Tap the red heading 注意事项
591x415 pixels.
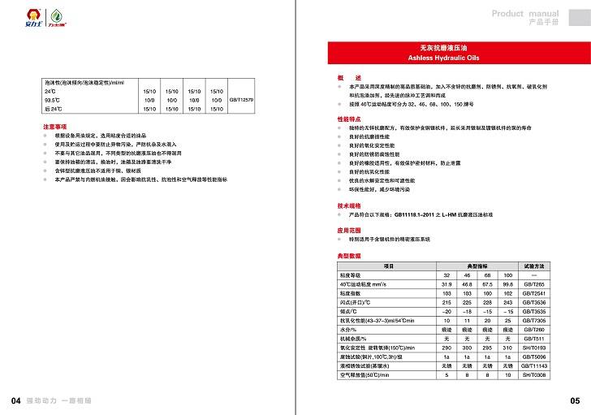(x=54, y=128)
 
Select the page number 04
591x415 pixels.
(x=15, y=400)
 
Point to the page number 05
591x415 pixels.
(x=575, y=400)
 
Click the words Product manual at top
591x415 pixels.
(x=525, y=14)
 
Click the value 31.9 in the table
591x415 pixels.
(x=446, y=285)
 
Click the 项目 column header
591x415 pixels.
(x=387, y=266)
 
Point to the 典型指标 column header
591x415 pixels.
(x=477, y=266)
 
